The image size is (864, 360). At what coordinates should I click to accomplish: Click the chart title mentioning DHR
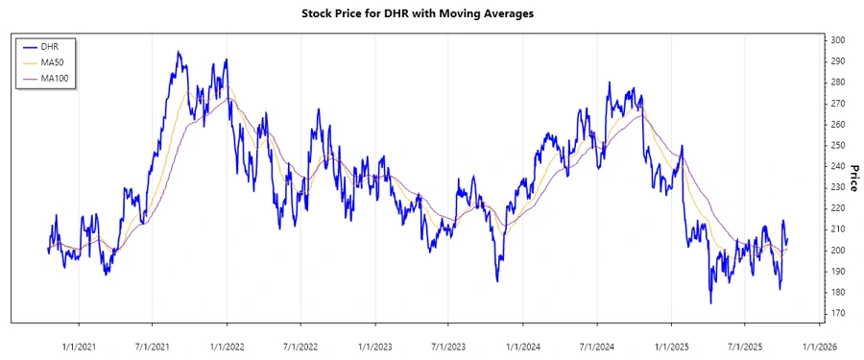tap(431, 14)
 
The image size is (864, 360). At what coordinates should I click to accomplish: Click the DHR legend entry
tap(50, 45)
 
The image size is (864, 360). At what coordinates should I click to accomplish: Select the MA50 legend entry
tap(52, 61)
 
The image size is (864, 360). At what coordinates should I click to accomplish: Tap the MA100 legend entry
tap(54, 78)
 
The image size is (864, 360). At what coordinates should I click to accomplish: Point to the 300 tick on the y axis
tap(838, 40)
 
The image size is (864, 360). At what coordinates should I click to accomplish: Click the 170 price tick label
tap(838, 313)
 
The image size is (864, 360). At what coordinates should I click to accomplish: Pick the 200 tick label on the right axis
tap(838, 251)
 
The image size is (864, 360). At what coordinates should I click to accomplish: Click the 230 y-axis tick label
tap(838, 187)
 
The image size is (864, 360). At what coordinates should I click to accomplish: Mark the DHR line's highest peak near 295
tap(178, 52)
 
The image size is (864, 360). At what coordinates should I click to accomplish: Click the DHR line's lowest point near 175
tap(710, 303)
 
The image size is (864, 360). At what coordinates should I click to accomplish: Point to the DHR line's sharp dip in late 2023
tap(497, 280)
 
